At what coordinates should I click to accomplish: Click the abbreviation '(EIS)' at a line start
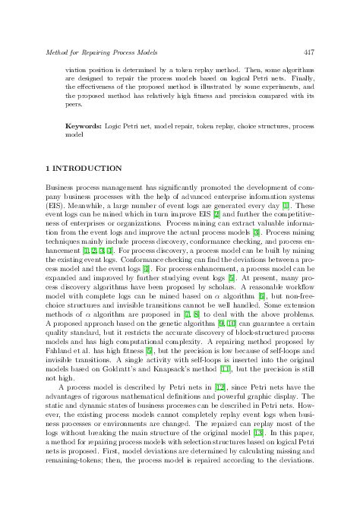pos(55,204)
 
